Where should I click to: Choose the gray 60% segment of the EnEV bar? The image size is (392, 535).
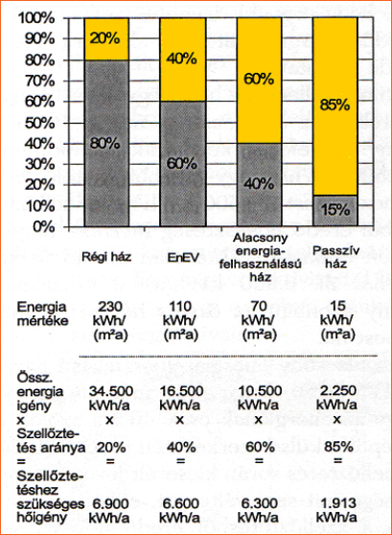point(183,164)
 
